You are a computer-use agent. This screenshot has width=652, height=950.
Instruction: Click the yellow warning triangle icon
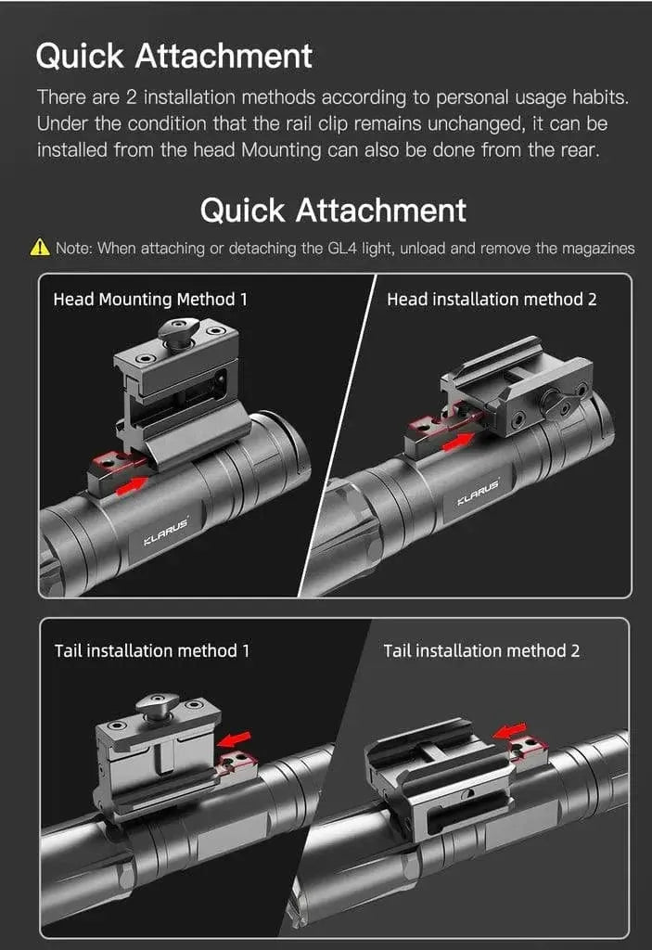click(x=40, y=248)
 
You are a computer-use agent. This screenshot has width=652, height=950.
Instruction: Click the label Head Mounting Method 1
click(x=150, y=299)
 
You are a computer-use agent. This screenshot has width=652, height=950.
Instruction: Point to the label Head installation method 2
click(x=491, y=299)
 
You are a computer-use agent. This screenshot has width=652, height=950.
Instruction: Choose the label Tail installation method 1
click(x=152, y=650)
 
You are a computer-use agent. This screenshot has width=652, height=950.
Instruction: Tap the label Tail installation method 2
click(x=481, y=650)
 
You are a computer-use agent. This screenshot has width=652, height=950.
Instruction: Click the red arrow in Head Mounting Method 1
click(x=132, y=481)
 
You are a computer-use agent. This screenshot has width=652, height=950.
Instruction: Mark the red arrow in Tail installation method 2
click(x=509, y=730)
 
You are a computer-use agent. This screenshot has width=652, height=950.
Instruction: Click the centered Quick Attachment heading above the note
click(x=333, y=210)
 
